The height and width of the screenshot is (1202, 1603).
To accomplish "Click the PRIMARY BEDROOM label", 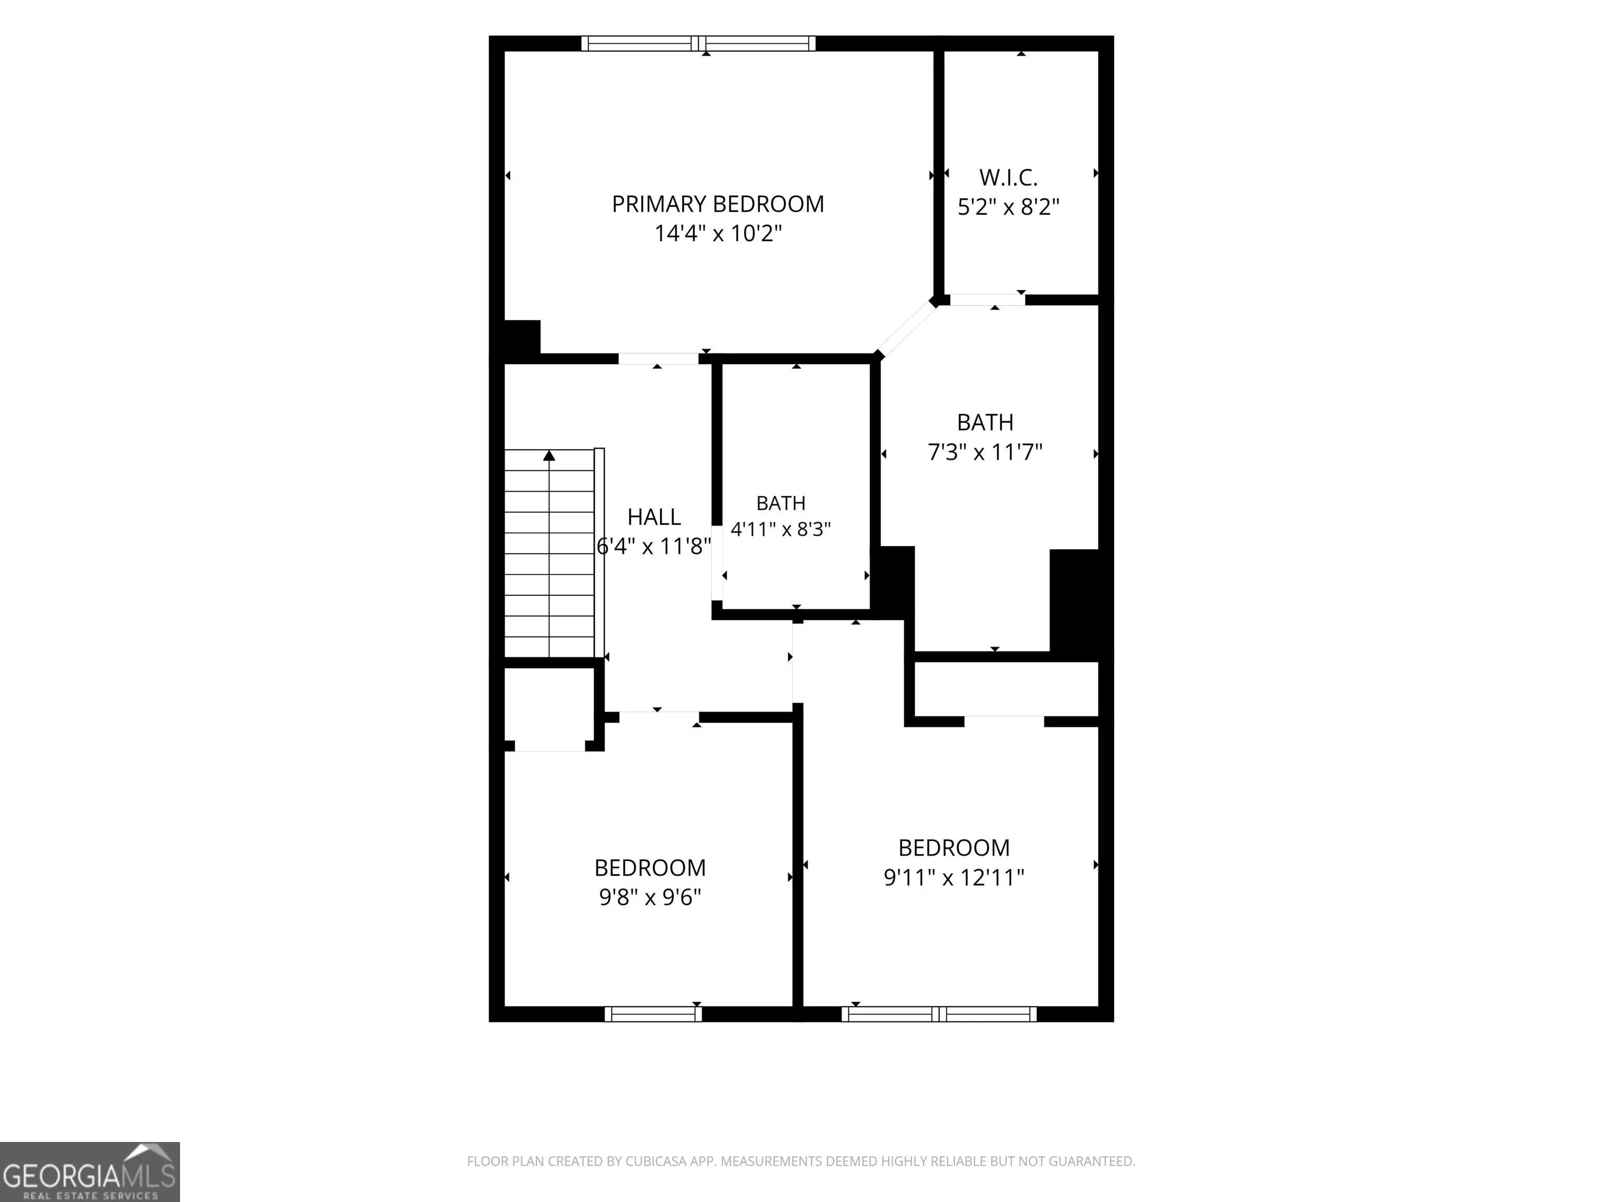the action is pos(717,205).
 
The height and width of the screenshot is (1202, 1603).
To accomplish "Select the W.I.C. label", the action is pos(1008,177).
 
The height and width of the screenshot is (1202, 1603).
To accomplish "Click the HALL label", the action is pos(654,518).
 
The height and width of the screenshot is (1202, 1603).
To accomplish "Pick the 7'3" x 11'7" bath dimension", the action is pos(985,453).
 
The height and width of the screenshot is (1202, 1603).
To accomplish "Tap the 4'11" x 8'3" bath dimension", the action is pos(781,530).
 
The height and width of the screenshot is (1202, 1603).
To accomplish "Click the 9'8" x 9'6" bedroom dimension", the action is pos(650,898).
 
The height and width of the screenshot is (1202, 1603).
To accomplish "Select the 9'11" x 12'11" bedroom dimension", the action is pos(954,878).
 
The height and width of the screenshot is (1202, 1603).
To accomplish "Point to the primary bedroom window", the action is pos(699,43).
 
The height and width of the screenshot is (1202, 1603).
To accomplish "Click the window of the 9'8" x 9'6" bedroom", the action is pos(654,1014).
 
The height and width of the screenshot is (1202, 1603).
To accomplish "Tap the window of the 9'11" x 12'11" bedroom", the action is pos(939,1014).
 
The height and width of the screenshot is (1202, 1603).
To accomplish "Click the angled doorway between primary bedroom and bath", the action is pos(906,328).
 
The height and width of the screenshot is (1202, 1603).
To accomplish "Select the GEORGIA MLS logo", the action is pos(90,1172).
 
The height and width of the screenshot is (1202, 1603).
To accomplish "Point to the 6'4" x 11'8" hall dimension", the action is pos(654,546).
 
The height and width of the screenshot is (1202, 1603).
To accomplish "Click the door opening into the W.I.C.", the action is pos(988,300).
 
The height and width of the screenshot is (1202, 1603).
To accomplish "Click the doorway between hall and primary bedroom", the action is pos(658,358).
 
